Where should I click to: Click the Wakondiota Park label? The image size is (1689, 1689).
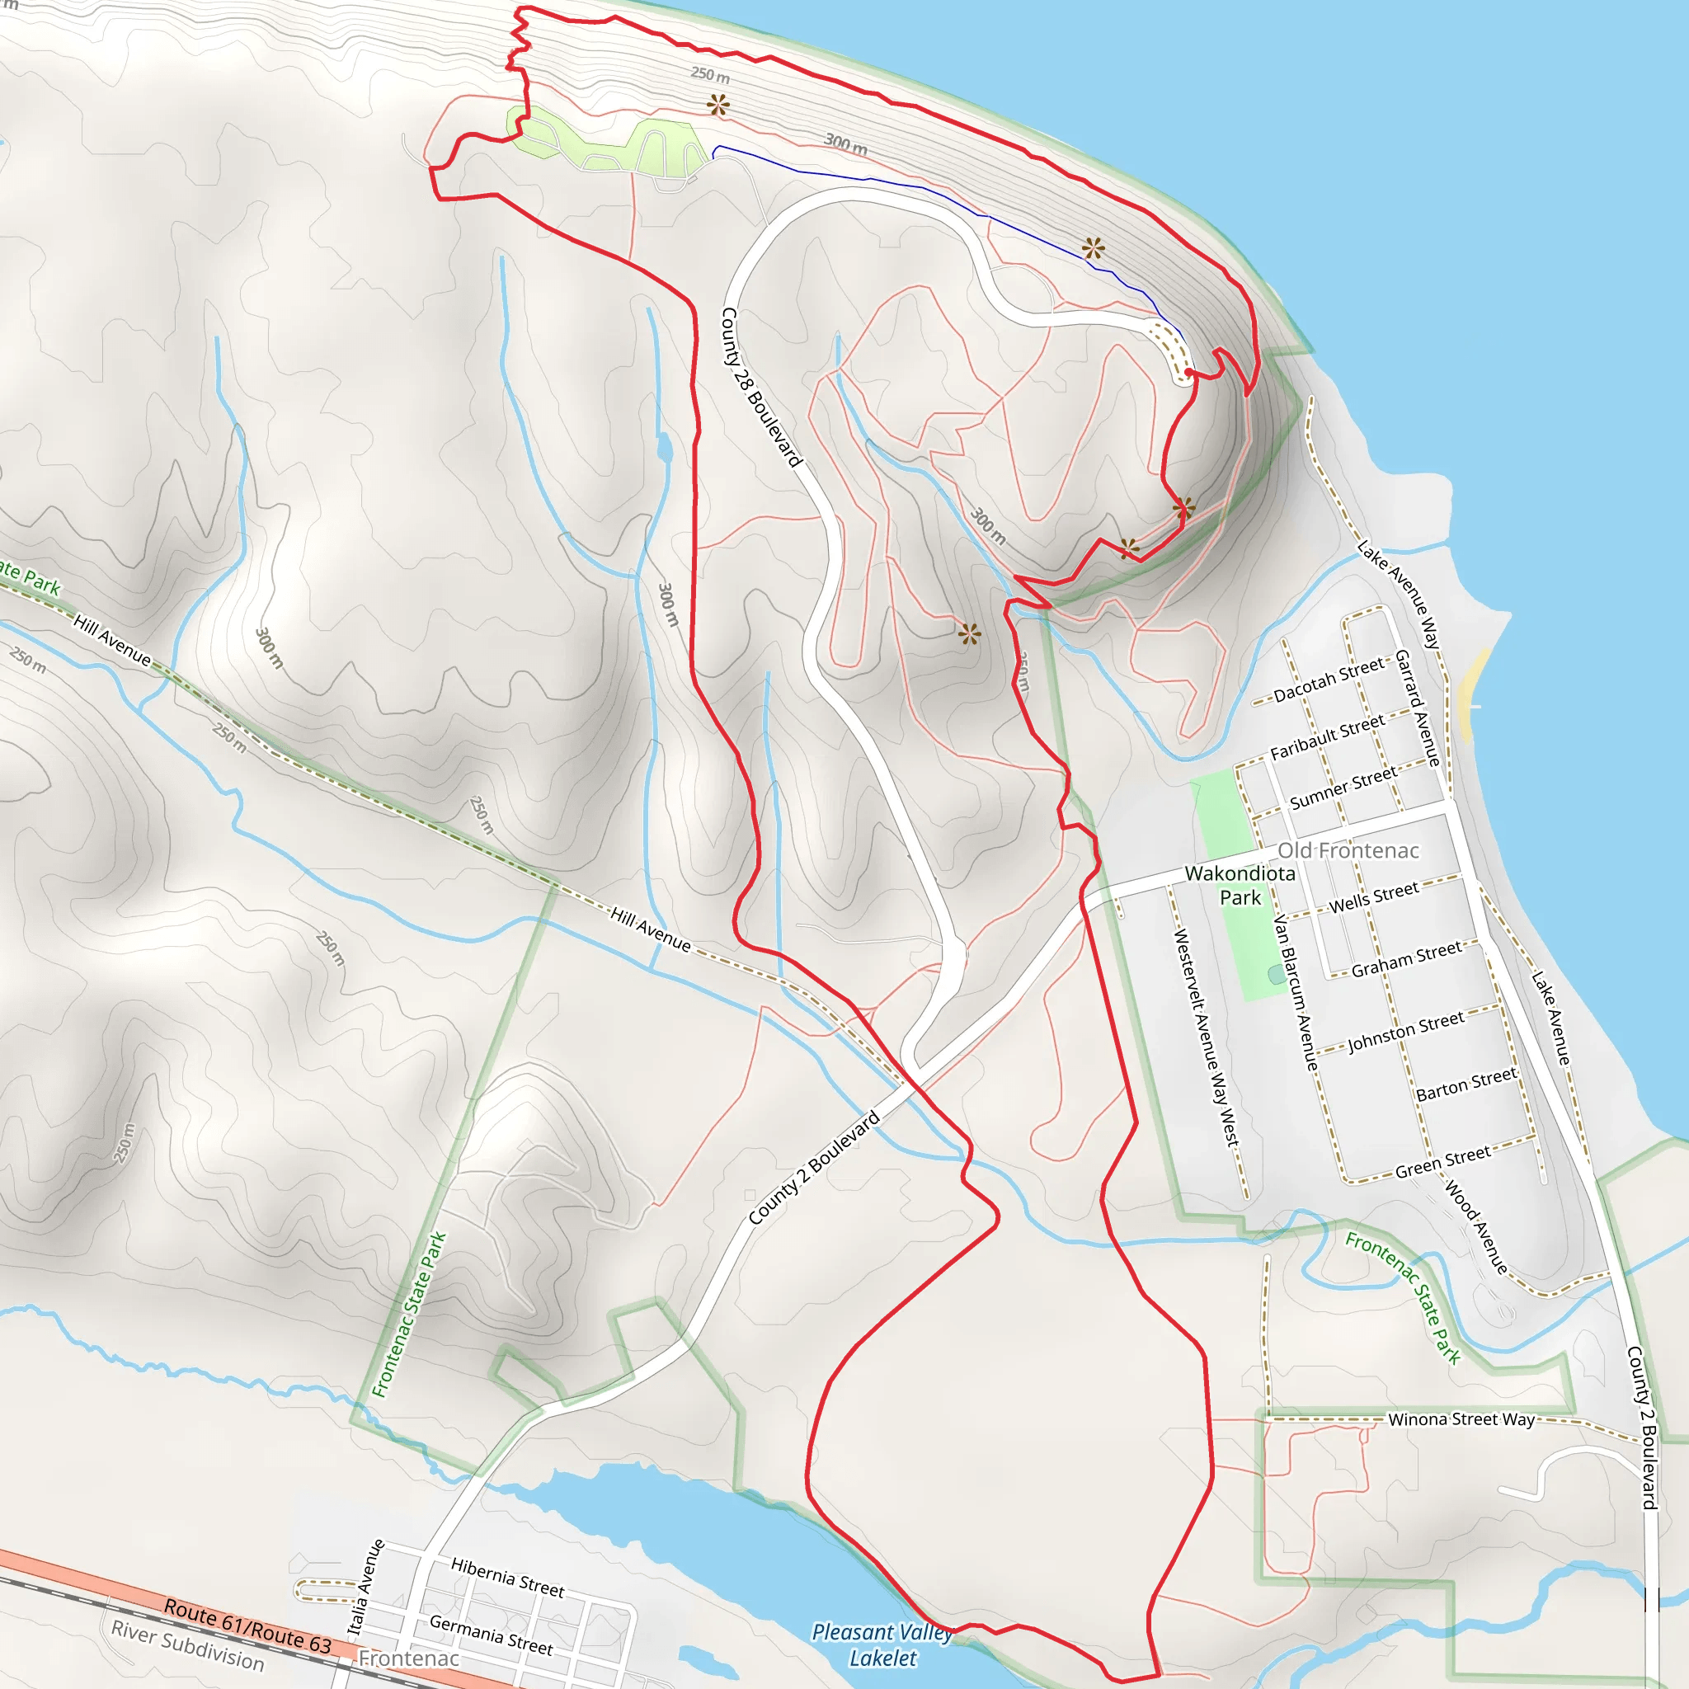pos(1240,885)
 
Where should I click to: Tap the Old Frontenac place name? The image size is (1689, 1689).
pos(1348,850)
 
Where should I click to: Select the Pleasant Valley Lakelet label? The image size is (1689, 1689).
pos(882,1644)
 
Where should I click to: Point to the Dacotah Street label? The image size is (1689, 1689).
pos(1329,680)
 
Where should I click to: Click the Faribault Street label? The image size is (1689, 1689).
pos(1327,736)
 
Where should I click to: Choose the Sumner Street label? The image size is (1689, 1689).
pos(1343,788)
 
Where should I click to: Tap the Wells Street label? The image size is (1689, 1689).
pos(1373,896)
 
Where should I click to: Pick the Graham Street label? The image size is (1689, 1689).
pos(1406,959)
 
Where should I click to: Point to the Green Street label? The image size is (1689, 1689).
pos(1442,1162)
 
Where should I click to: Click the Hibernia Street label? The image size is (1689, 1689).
pos(507,1576)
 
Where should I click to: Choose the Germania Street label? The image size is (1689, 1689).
pos(491,1634)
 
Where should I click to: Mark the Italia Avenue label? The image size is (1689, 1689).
pos(365,1587)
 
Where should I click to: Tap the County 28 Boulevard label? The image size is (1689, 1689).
pos(760,387)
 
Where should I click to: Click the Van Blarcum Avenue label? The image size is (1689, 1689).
pos(1295,992)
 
